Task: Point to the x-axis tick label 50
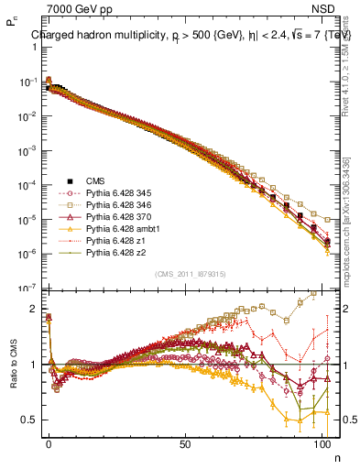[x=185, y=443]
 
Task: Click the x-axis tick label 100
[x=321, y=443]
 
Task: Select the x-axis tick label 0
[x=49, y=443]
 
